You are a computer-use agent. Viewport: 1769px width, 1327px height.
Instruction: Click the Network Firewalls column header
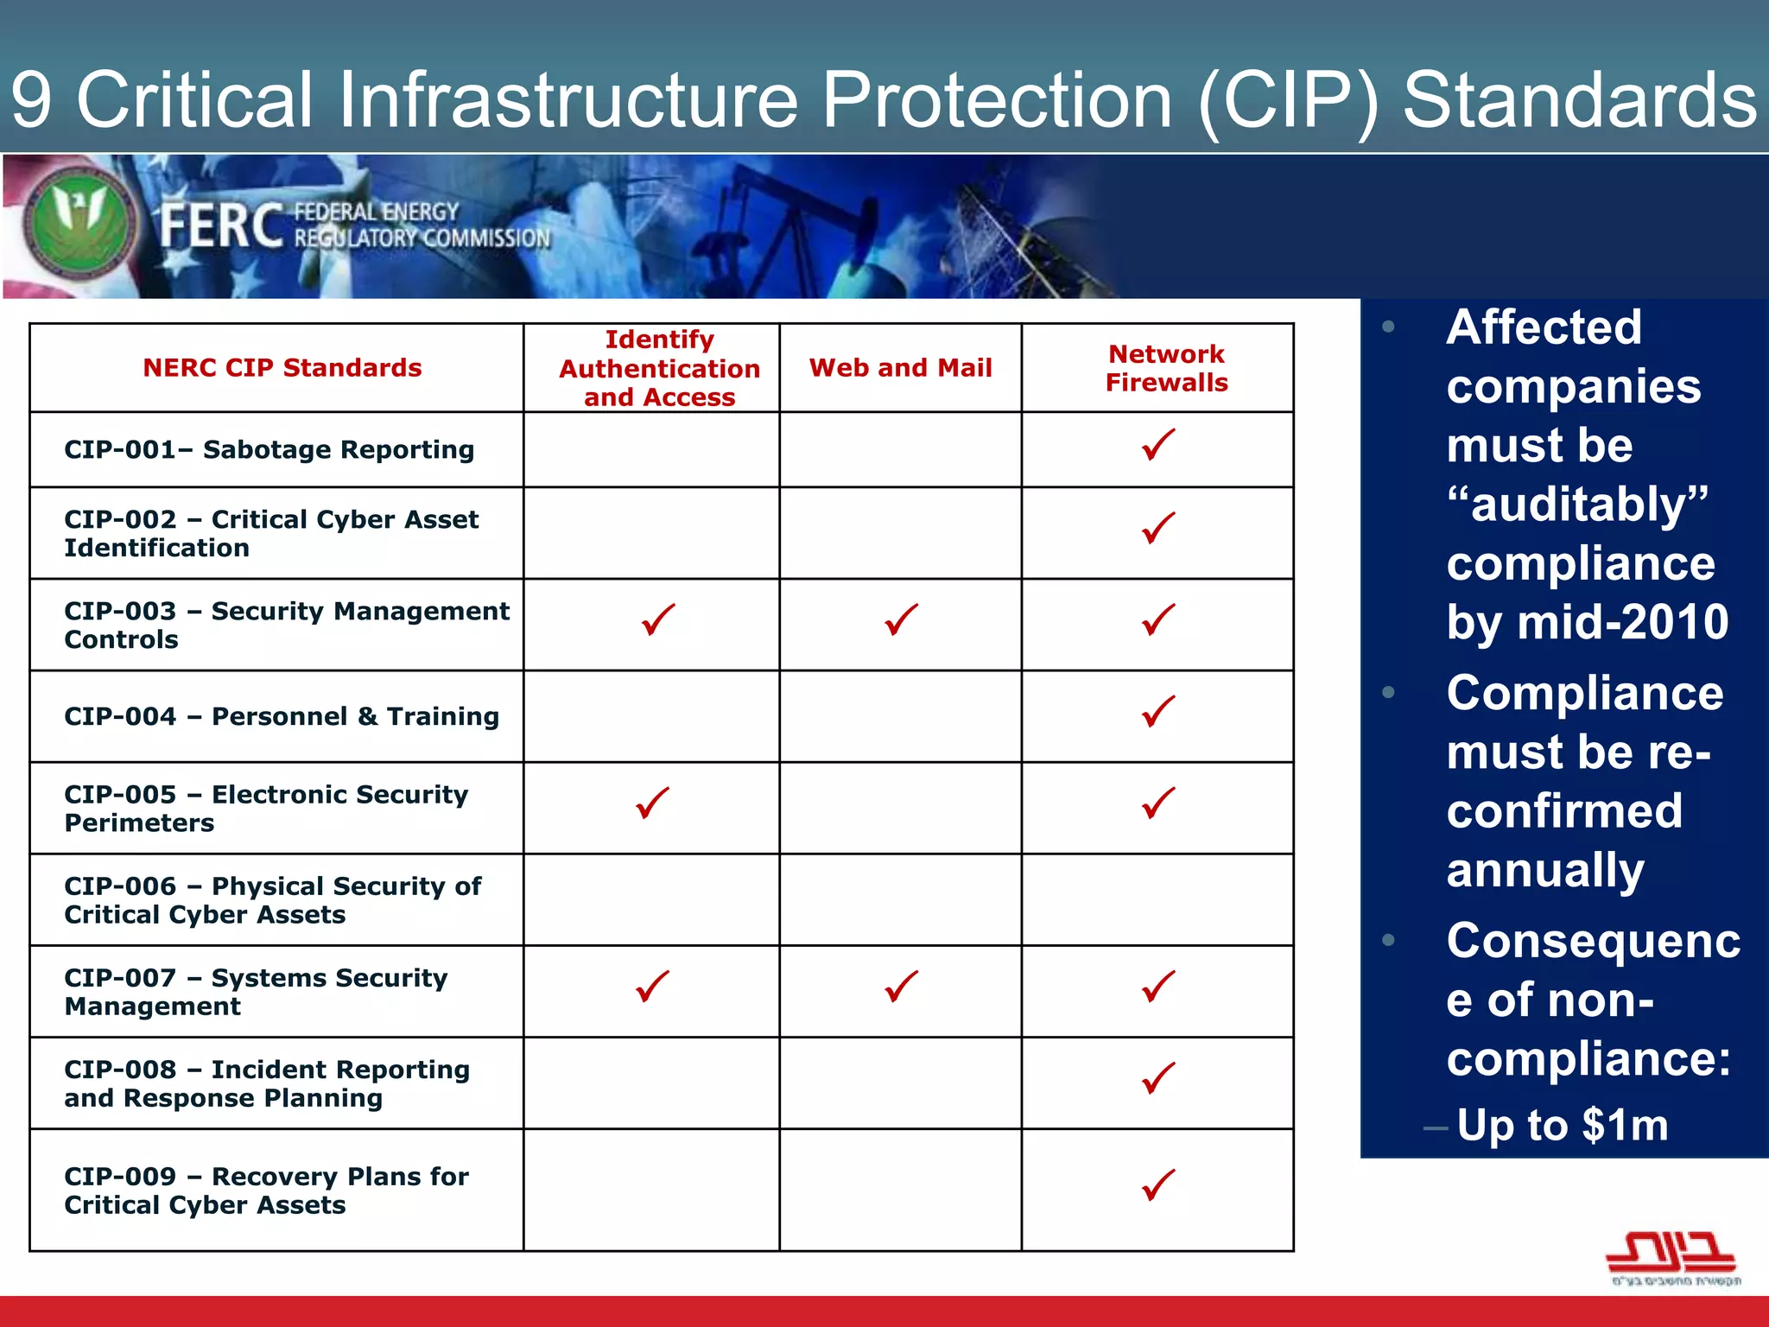point(1166,368)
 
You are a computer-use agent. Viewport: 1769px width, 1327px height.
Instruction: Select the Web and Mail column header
point(900,368)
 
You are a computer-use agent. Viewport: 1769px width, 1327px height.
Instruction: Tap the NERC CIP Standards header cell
point(282,368)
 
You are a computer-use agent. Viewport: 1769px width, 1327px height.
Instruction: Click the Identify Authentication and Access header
point(659,368)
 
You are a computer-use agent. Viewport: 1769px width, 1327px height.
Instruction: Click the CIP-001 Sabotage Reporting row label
point(269,449)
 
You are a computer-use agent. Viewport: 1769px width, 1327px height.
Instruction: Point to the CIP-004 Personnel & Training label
point(282,716)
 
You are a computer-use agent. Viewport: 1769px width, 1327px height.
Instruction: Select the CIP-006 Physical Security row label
point(272,900)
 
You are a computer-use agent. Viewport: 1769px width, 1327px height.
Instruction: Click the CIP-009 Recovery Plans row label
point(266,1190)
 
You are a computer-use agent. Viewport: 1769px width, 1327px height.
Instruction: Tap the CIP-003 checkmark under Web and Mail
point(901,619)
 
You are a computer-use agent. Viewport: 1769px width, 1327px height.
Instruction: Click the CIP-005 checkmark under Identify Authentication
point(652,803)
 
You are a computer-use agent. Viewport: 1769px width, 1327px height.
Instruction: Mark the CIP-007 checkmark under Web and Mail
point(901,986)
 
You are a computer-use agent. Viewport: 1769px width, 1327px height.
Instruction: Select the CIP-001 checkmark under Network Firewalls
point(1157,444)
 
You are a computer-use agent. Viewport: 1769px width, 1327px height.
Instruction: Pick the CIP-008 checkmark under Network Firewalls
point(1157,1078)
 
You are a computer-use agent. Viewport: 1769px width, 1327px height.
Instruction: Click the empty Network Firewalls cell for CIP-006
point(1157,900)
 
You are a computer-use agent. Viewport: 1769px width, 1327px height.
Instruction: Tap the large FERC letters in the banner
point(221,225)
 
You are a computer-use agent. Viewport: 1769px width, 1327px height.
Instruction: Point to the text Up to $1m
point(1562,1125)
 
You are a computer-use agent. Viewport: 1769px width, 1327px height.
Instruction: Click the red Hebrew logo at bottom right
point(1671,1254)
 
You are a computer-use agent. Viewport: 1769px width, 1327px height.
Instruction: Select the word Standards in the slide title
point(1579,100)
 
